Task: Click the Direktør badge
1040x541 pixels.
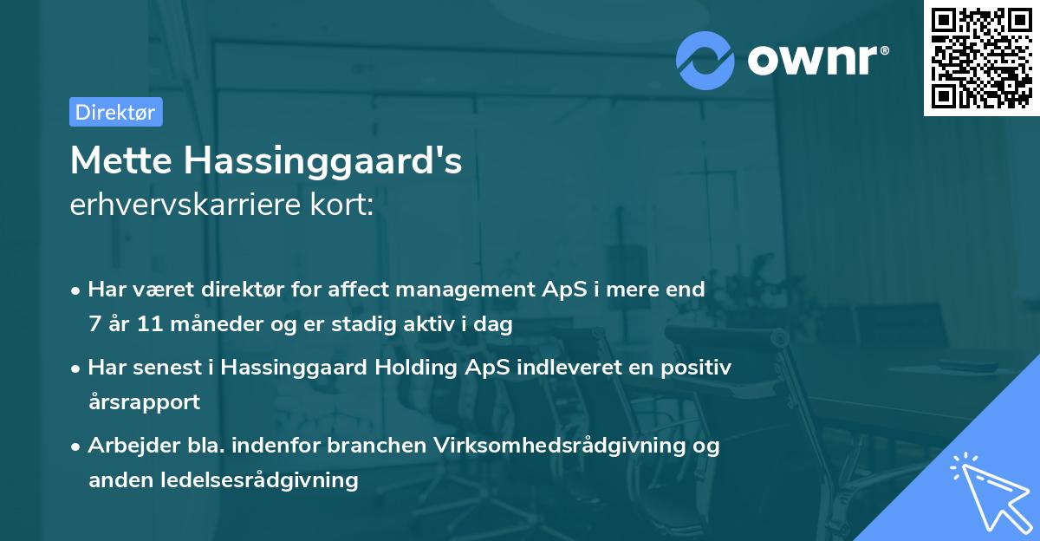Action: pos(115,112)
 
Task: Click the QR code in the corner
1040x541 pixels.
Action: pos(981,58)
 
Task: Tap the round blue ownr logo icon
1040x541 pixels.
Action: pos(705,60)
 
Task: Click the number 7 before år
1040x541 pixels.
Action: pos(94,324)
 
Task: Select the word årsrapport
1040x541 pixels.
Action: pos(144,401)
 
